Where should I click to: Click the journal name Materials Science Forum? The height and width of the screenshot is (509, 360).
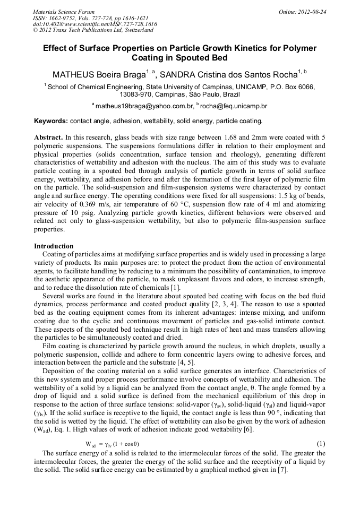pyautogui.click(x=64, y=12)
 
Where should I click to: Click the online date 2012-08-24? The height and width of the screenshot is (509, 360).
pyautogui.click(x=312, y=12)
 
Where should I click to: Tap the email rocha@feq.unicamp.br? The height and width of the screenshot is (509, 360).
pyautogui.click(x=233, y=106)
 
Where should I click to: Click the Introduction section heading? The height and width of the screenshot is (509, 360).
pyautogui.click(x=54, y=246)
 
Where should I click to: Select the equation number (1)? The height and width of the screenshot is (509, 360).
pyautogui.click(x=321, y=443)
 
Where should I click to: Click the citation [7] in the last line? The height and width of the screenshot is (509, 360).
pyautogui.click(x=282, y=469)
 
